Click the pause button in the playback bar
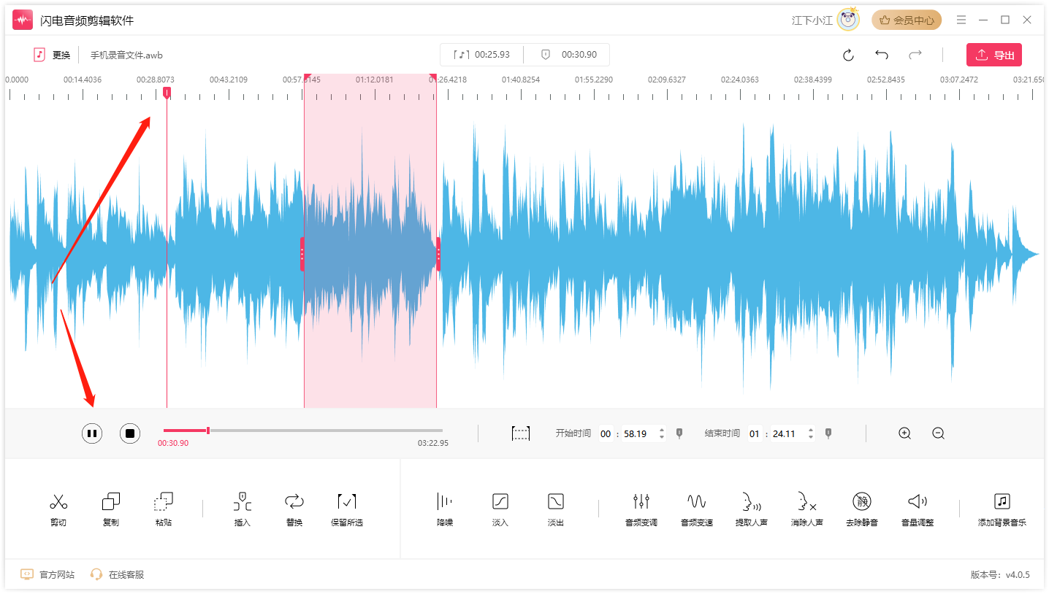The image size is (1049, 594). click(92, 433)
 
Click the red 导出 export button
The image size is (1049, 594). click(993, 55)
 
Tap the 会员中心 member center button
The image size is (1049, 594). click(907, 20)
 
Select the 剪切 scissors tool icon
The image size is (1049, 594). click(58, 502)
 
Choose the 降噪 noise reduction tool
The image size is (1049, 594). click(444, 502)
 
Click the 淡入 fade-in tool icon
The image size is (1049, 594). click(500, 502)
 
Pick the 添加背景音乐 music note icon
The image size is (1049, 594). click(1002, 502)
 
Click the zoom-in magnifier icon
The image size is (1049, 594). click(905, 433)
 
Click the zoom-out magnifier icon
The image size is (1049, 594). click(939, 433)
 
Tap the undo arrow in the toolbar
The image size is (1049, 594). click(882, 55)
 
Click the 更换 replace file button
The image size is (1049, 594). click(52, 55)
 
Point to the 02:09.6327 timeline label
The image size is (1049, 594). click(667, 80)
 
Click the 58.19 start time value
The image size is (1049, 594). click(635, 433)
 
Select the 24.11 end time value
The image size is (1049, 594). click(784, 433)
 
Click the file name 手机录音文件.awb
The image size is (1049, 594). click(126, 55)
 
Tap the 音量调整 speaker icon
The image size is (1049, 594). click(918, 502)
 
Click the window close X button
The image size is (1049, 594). click(1027, 20)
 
